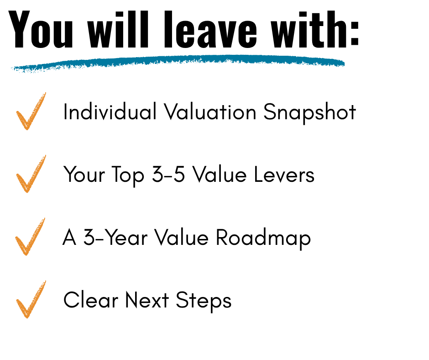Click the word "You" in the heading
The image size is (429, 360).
coord(41,29)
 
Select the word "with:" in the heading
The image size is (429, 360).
coord(315,29)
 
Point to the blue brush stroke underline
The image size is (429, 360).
coord(178,63)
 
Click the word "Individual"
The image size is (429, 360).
coord(110,111)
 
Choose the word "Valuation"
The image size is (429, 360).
coord(210,111)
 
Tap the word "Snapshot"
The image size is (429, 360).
coord(310,112)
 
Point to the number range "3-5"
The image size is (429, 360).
coord(168,174)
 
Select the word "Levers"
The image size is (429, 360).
coord(284,174)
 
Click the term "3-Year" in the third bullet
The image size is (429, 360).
coord(115,237)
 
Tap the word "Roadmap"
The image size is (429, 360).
coord(263,238)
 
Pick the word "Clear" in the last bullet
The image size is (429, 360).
coord(91,300)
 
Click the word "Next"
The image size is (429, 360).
coord(147,300)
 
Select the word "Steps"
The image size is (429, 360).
coord(204,301)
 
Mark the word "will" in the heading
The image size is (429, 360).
coord(118,29)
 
